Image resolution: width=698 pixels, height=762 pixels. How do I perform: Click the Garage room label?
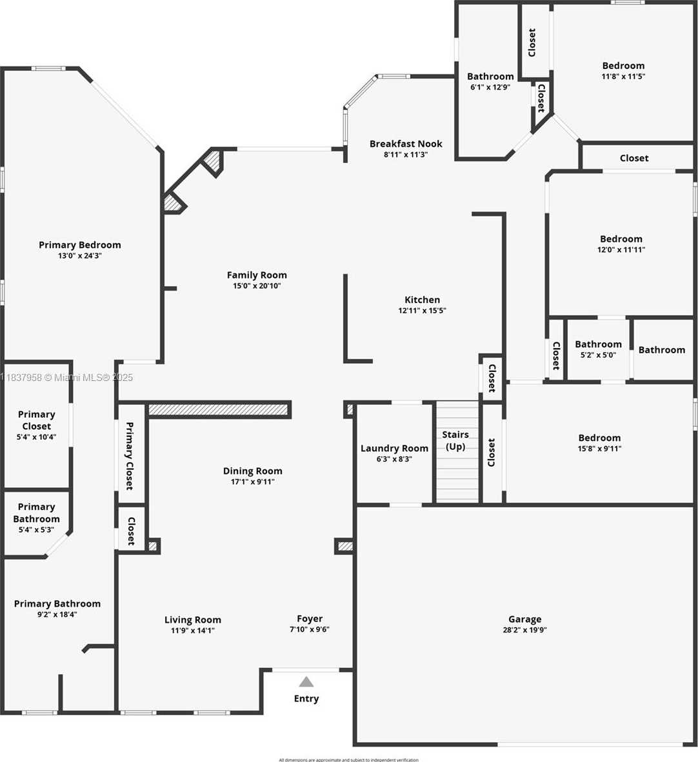coord(524,619)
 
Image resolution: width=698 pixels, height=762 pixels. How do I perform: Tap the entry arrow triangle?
coord(306,682)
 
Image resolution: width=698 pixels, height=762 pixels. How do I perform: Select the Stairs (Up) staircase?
coord(457,451)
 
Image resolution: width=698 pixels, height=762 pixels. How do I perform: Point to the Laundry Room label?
coord(394,448)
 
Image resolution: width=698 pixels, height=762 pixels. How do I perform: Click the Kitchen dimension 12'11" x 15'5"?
coord(422,311)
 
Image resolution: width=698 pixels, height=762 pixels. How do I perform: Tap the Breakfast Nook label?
coord(406,144)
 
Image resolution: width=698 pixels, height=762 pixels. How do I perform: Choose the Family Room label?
coord(257,275)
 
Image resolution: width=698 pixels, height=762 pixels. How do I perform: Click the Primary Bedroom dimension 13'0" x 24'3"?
coord(80,256)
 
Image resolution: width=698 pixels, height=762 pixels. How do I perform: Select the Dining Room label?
coord(252,471)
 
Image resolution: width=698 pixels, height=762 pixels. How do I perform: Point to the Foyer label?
coord(310,618)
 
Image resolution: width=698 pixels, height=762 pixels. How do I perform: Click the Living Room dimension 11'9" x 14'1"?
coord(192,630)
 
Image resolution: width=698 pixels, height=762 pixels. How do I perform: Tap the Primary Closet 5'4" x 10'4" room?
coord(37,425)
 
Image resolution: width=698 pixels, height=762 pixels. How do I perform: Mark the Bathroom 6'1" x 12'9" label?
coord(490,76)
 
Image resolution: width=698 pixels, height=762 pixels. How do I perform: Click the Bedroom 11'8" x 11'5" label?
coord(623,65)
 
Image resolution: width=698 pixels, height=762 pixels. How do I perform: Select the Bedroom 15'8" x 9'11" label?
coord(599,438)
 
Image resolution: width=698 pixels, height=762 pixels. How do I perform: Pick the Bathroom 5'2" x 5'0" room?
coord(598,349)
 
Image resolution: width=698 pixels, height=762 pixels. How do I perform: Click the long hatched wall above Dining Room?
coord(218,409)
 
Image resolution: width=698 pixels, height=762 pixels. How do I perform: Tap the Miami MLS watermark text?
coord(67,378)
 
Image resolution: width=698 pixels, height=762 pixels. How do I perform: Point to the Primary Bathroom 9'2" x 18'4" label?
coord(57,603)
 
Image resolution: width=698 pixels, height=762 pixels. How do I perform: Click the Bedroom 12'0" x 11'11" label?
coord(621,239)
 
